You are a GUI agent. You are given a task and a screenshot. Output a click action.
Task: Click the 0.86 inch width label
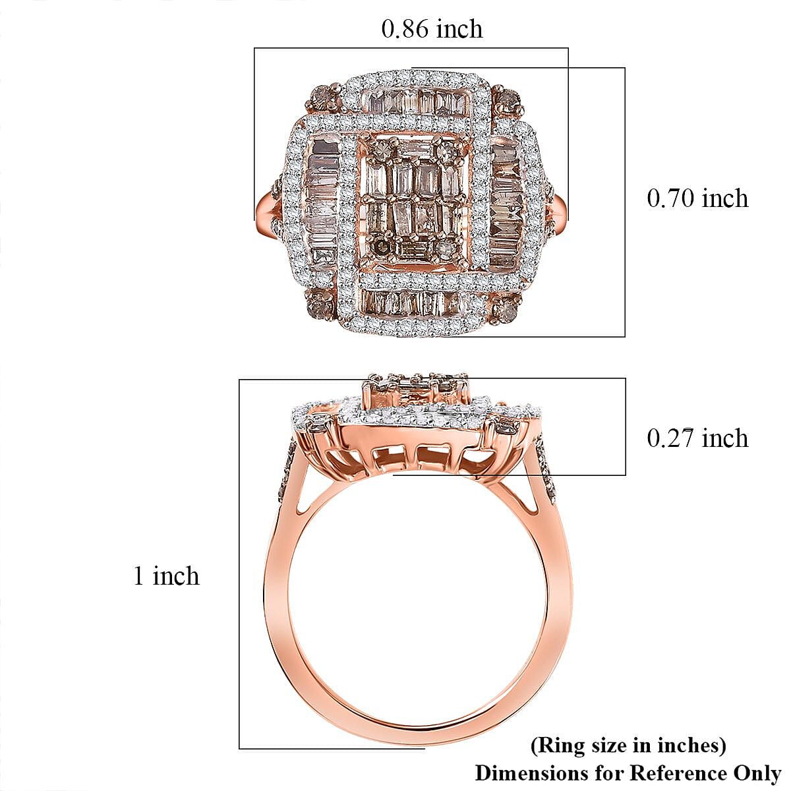coord(432,29)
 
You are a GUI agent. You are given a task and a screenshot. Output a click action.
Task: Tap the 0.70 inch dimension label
coord(697,198)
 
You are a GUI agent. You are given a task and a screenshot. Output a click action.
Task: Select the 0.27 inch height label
coord(697,438)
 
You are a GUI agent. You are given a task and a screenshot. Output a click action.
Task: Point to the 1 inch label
coord(167,576)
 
